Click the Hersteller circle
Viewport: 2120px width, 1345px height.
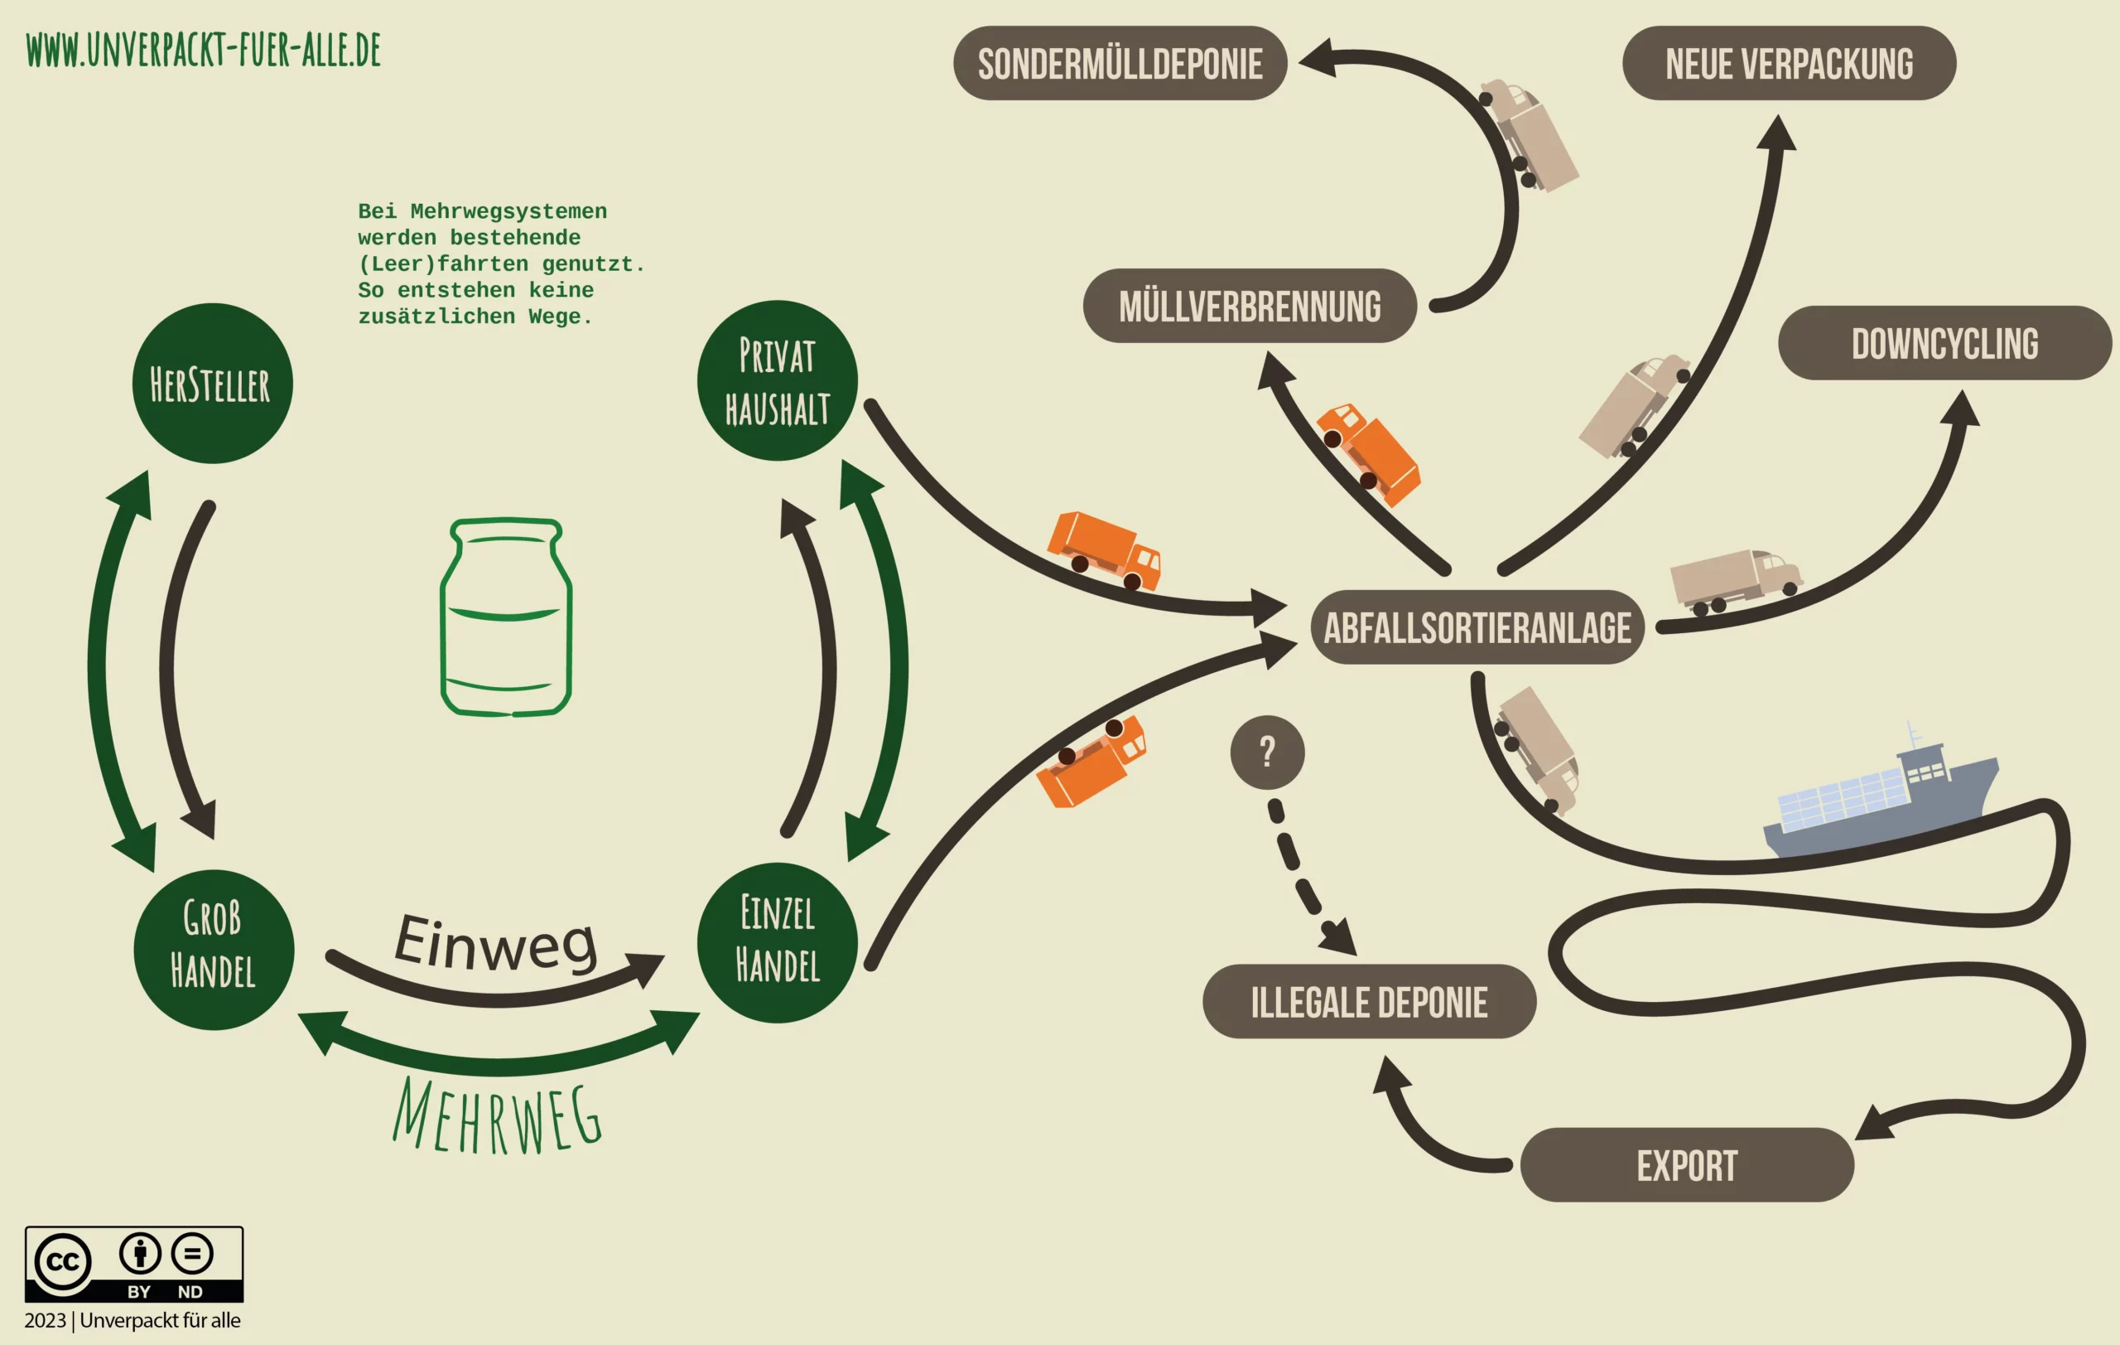[212, 383]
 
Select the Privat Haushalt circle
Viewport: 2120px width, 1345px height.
[777, 380]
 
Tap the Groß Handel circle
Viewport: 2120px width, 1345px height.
[213, 949]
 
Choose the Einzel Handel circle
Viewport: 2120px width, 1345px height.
[777, 941]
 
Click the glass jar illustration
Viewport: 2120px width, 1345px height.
[505, 617]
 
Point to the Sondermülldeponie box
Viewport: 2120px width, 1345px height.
[1120, 64]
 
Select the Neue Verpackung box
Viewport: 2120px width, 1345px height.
[1789, 64]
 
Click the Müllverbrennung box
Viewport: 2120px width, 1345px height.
[1250, 306]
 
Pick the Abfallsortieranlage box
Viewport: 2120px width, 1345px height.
[1477, 627]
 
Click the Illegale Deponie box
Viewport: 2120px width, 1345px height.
[1369, 1001]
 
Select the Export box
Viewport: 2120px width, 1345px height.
[1687, 1164]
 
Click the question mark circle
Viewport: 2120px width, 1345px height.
[1267, 752]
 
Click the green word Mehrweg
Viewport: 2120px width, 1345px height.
[498, 1117]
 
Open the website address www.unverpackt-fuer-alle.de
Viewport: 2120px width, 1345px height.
[204, 51]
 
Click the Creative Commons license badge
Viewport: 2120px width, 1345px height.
[134, 1264]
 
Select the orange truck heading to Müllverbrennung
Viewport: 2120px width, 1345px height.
[1367, 453]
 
